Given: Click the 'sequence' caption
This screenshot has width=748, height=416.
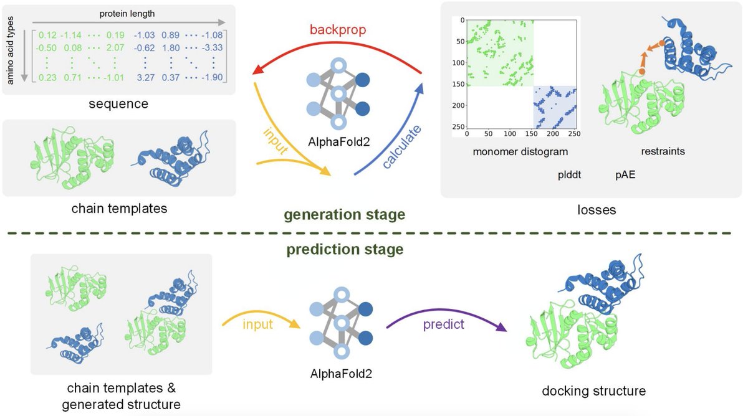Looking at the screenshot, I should click(x=118, y=103).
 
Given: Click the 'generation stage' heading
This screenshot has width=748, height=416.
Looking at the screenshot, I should click(x=345, y=215).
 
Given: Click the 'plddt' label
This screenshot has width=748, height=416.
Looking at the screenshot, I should click(x=569, y=175).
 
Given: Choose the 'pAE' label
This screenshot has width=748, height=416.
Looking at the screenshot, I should click(x=625, y=175).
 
